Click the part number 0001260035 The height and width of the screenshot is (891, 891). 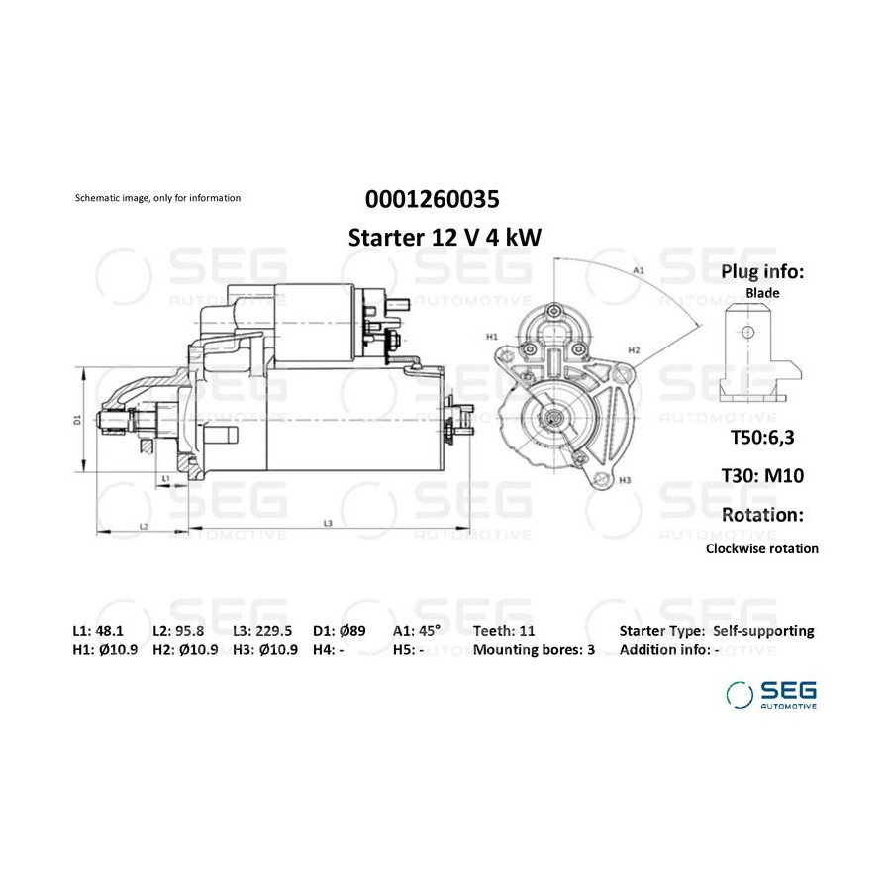pyautogui.click(x=432, y=199)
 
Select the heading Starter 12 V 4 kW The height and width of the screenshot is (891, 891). pyautogui.click(x=445, y=238)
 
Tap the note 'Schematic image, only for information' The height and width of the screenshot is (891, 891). pyautogui.click(x=158, y=198)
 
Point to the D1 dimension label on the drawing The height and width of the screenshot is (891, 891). pyautogui.click(x=77, y=420)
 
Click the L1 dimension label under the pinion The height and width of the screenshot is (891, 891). pyautogui.click(x=165, y=479)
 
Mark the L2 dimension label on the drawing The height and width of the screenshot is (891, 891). pyautogui.click(x=144, y=527)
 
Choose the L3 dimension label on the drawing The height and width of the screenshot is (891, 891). pyautogui.click(x=328, y=523)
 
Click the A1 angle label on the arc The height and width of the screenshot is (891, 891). pyautogui.click(x=639, y=270)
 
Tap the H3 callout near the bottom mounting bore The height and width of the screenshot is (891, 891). pyautogui.click(x=625, y=480)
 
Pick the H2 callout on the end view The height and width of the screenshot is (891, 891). pyautogui.click(x=635, y=350)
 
